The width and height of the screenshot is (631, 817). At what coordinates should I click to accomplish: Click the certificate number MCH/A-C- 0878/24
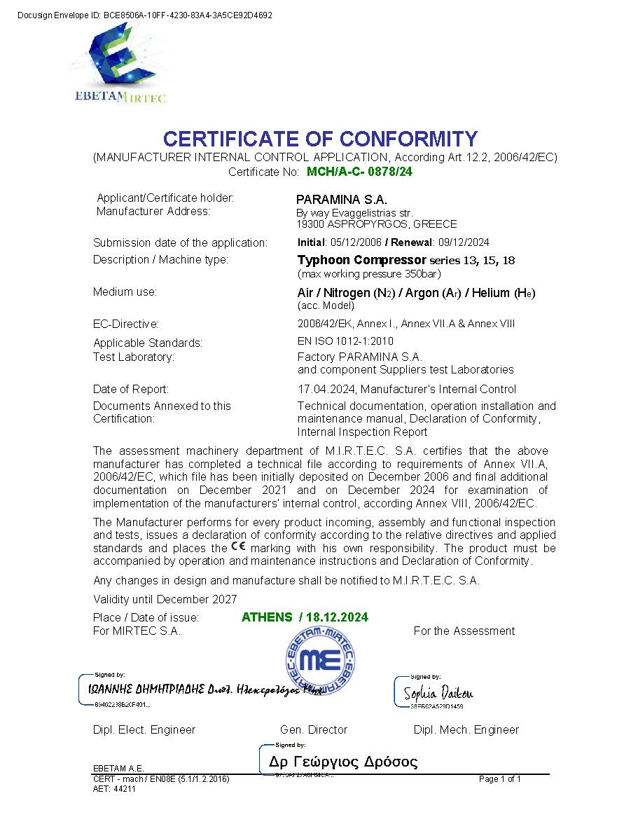pos(359,171)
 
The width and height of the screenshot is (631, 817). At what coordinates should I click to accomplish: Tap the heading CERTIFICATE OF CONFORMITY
pos(320,139)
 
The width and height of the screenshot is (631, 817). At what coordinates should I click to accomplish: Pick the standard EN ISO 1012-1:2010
pos(345,341)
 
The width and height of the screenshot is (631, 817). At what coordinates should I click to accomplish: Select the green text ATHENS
pos(267,617)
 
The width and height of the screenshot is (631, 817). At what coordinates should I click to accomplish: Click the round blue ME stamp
pos(319,661)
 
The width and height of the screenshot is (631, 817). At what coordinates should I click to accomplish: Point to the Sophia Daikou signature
pos(438,694)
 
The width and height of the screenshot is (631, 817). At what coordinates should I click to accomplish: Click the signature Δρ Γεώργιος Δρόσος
pos(343,762)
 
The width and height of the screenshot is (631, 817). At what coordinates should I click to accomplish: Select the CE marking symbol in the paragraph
pos(238,547)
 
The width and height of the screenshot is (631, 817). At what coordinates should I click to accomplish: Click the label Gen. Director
pos(313,729)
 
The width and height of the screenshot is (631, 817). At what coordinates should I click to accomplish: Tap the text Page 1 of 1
pos(500,778)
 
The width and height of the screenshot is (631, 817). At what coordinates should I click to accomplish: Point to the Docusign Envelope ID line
pos(144,15)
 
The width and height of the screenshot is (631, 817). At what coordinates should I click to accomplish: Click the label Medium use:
pos(125,292)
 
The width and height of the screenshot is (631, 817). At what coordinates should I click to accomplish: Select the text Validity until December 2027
pos(165,599)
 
